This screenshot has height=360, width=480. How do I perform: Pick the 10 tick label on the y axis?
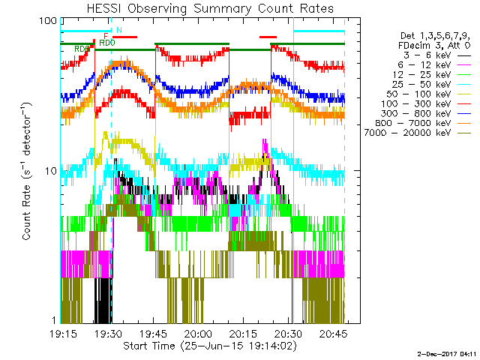(x=51, y=171)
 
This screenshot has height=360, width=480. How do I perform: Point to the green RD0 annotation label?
(x=107, y=43)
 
